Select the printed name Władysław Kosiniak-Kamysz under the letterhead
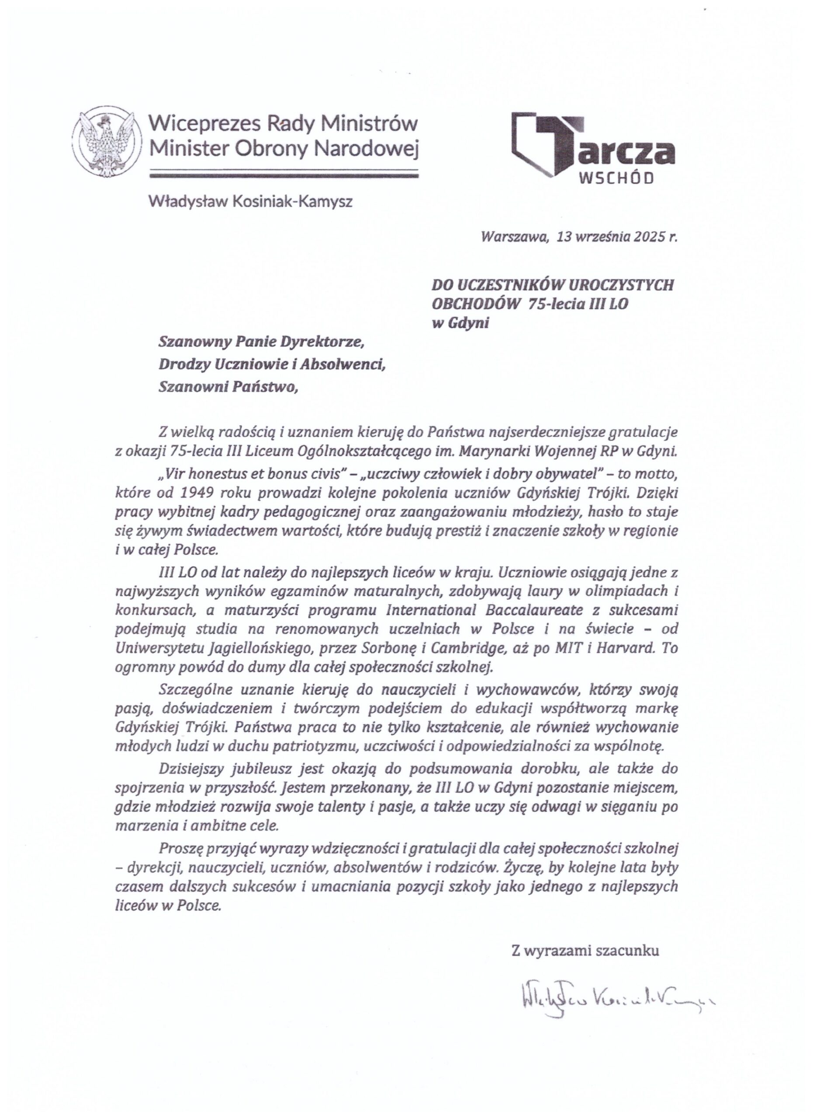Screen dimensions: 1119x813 pos(251,202)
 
